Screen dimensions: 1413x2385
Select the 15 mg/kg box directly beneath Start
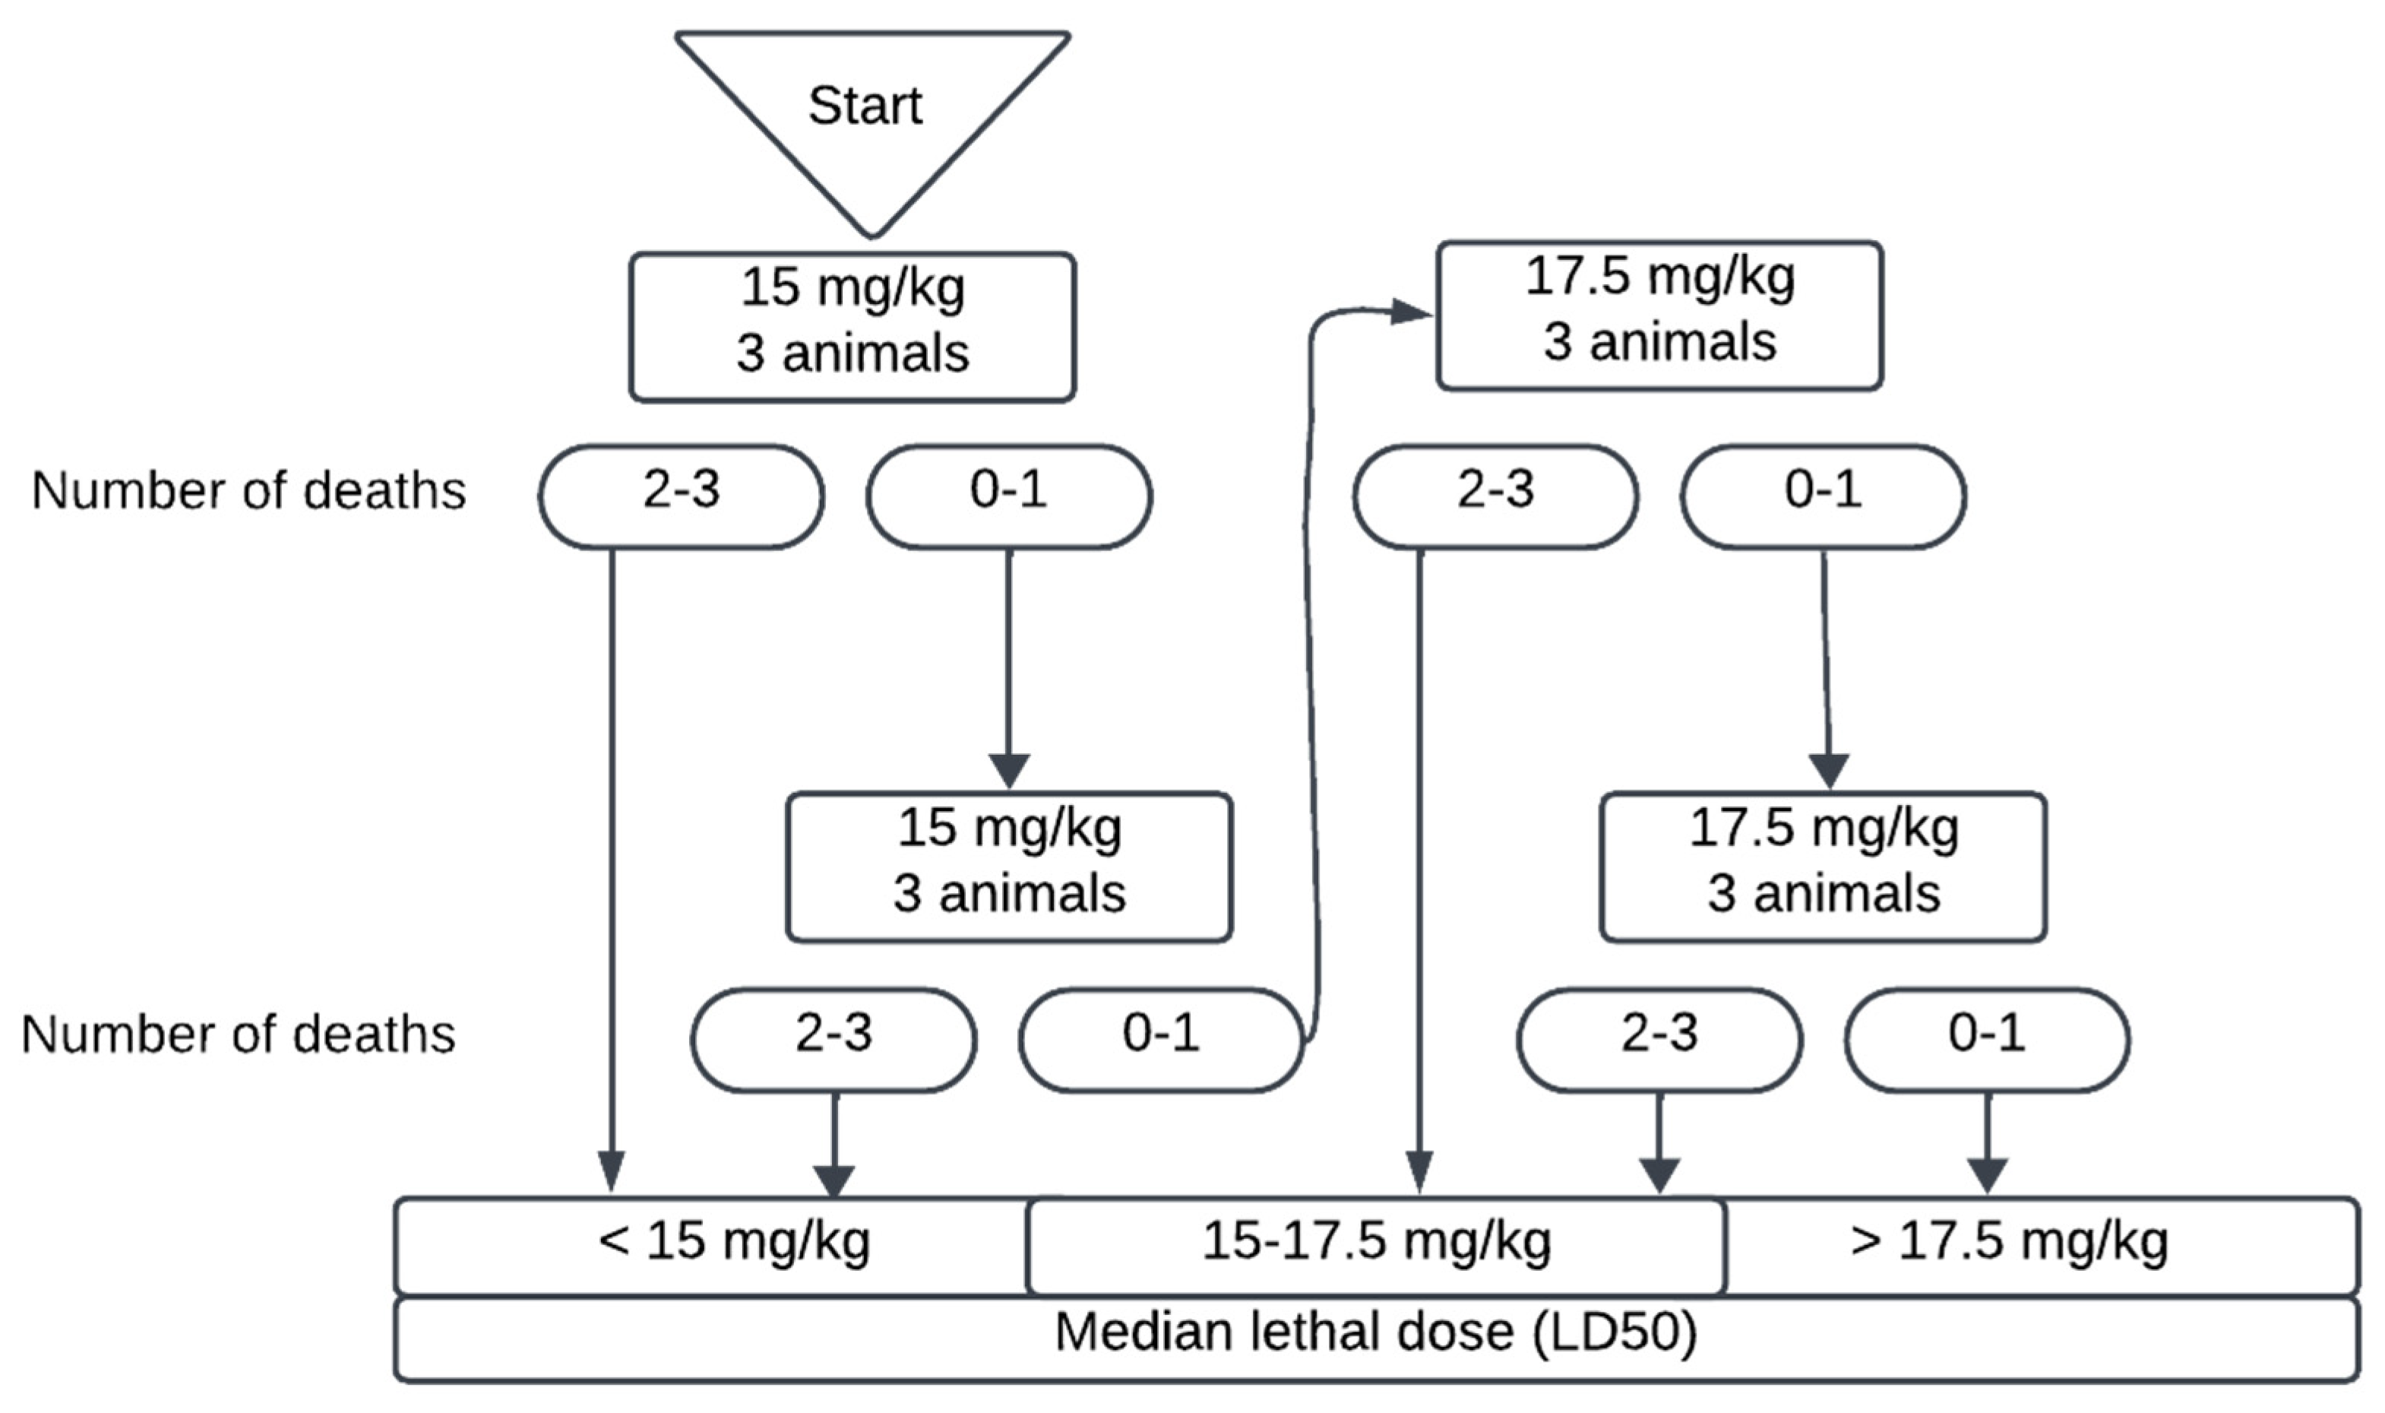852,327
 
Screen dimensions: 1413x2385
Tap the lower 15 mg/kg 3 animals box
1009,866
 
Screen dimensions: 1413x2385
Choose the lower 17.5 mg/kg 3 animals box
1823,866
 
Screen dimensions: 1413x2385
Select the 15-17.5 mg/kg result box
1376,1244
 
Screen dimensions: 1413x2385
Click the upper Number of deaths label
248,491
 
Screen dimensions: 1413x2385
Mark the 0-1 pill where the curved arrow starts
1160,1040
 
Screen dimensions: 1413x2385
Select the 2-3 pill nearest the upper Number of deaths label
682,496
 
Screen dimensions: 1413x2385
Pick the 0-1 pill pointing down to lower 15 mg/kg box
1009,496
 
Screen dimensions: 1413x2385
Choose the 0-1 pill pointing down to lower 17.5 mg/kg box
1823,496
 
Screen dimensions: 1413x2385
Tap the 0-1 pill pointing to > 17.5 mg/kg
1986,1040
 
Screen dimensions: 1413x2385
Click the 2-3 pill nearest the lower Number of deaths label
833,1040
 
